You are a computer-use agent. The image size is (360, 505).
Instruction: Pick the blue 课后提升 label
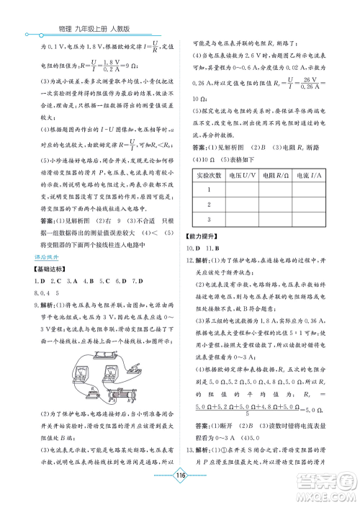coord(41,257)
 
